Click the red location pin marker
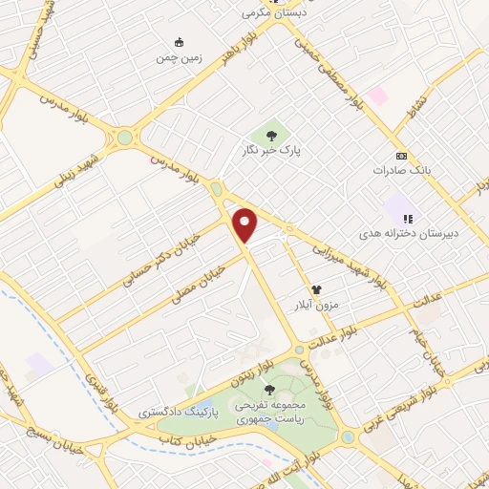point(246,224)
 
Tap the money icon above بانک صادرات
point(401,156)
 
